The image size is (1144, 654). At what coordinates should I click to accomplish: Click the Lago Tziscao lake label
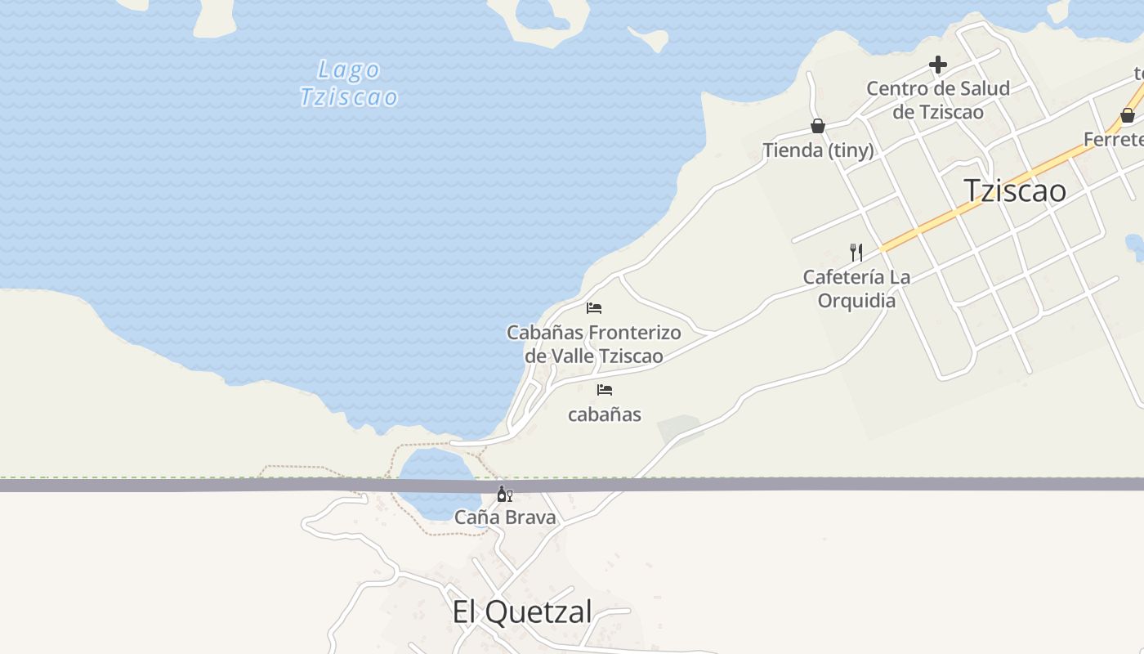(349, 83)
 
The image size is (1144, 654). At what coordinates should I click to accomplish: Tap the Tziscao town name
(1015, 190)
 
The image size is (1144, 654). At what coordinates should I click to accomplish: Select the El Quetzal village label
(521, 611)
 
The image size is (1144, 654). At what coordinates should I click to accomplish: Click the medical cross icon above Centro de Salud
(938, 65)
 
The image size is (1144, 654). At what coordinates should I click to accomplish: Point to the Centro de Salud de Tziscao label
(938, 100)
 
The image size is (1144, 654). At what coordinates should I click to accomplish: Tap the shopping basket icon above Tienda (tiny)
(817, 126)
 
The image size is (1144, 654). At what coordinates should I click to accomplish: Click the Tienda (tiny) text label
(818, 150)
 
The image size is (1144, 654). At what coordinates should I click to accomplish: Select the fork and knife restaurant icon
(856, 252)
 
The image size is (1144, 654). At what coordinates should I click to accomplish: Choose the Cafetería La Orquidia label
(856, 289)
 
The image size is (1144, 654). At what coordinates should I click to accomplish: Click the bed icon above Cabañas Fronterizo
(594, 308)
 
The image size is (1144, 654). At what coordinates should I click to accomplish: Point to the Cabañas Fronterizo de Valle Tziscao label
(593, 344)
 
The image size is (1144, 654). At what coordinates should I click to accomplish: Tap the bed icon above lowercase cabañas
(605, 390)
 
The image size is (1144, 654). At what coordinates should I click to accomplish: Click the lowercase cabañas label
(605, 414)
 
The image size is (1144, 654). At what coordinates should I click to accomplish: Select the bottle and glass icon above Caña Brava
(505, 494)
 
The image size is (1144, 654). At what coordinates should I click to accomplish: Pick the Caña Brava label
(505, 517)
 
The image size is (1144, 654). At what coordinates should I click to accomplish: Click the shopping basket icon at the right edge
(1128, 115)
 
